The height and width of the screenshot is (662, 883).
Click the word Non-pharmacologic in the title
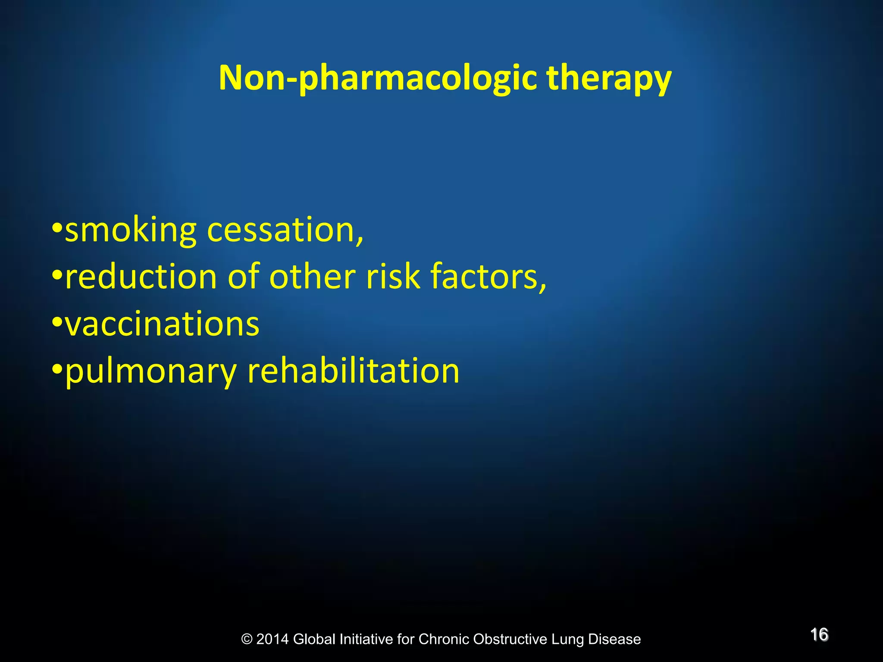pos(378,78)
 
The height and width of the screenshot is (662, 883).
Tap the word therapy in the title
pos(608,78)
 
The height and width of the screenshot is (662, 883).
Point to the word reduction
pos(141,277)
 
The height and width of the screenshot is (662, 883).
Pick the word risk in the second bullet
pos(393,277)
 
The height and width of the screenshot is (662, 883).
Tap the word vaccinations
pos(162,324)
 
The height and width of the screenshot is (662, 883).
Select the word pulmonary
pos(150,372)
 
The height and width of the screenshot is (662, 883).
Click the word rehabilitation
pos(353,371)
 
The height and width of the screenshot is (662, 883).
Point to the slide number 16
pos(819,635)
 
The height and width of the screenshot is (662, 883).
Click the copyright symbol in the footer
pos(247,639)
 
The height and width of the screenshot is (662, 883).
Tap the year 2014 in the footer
pos(272,639)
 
